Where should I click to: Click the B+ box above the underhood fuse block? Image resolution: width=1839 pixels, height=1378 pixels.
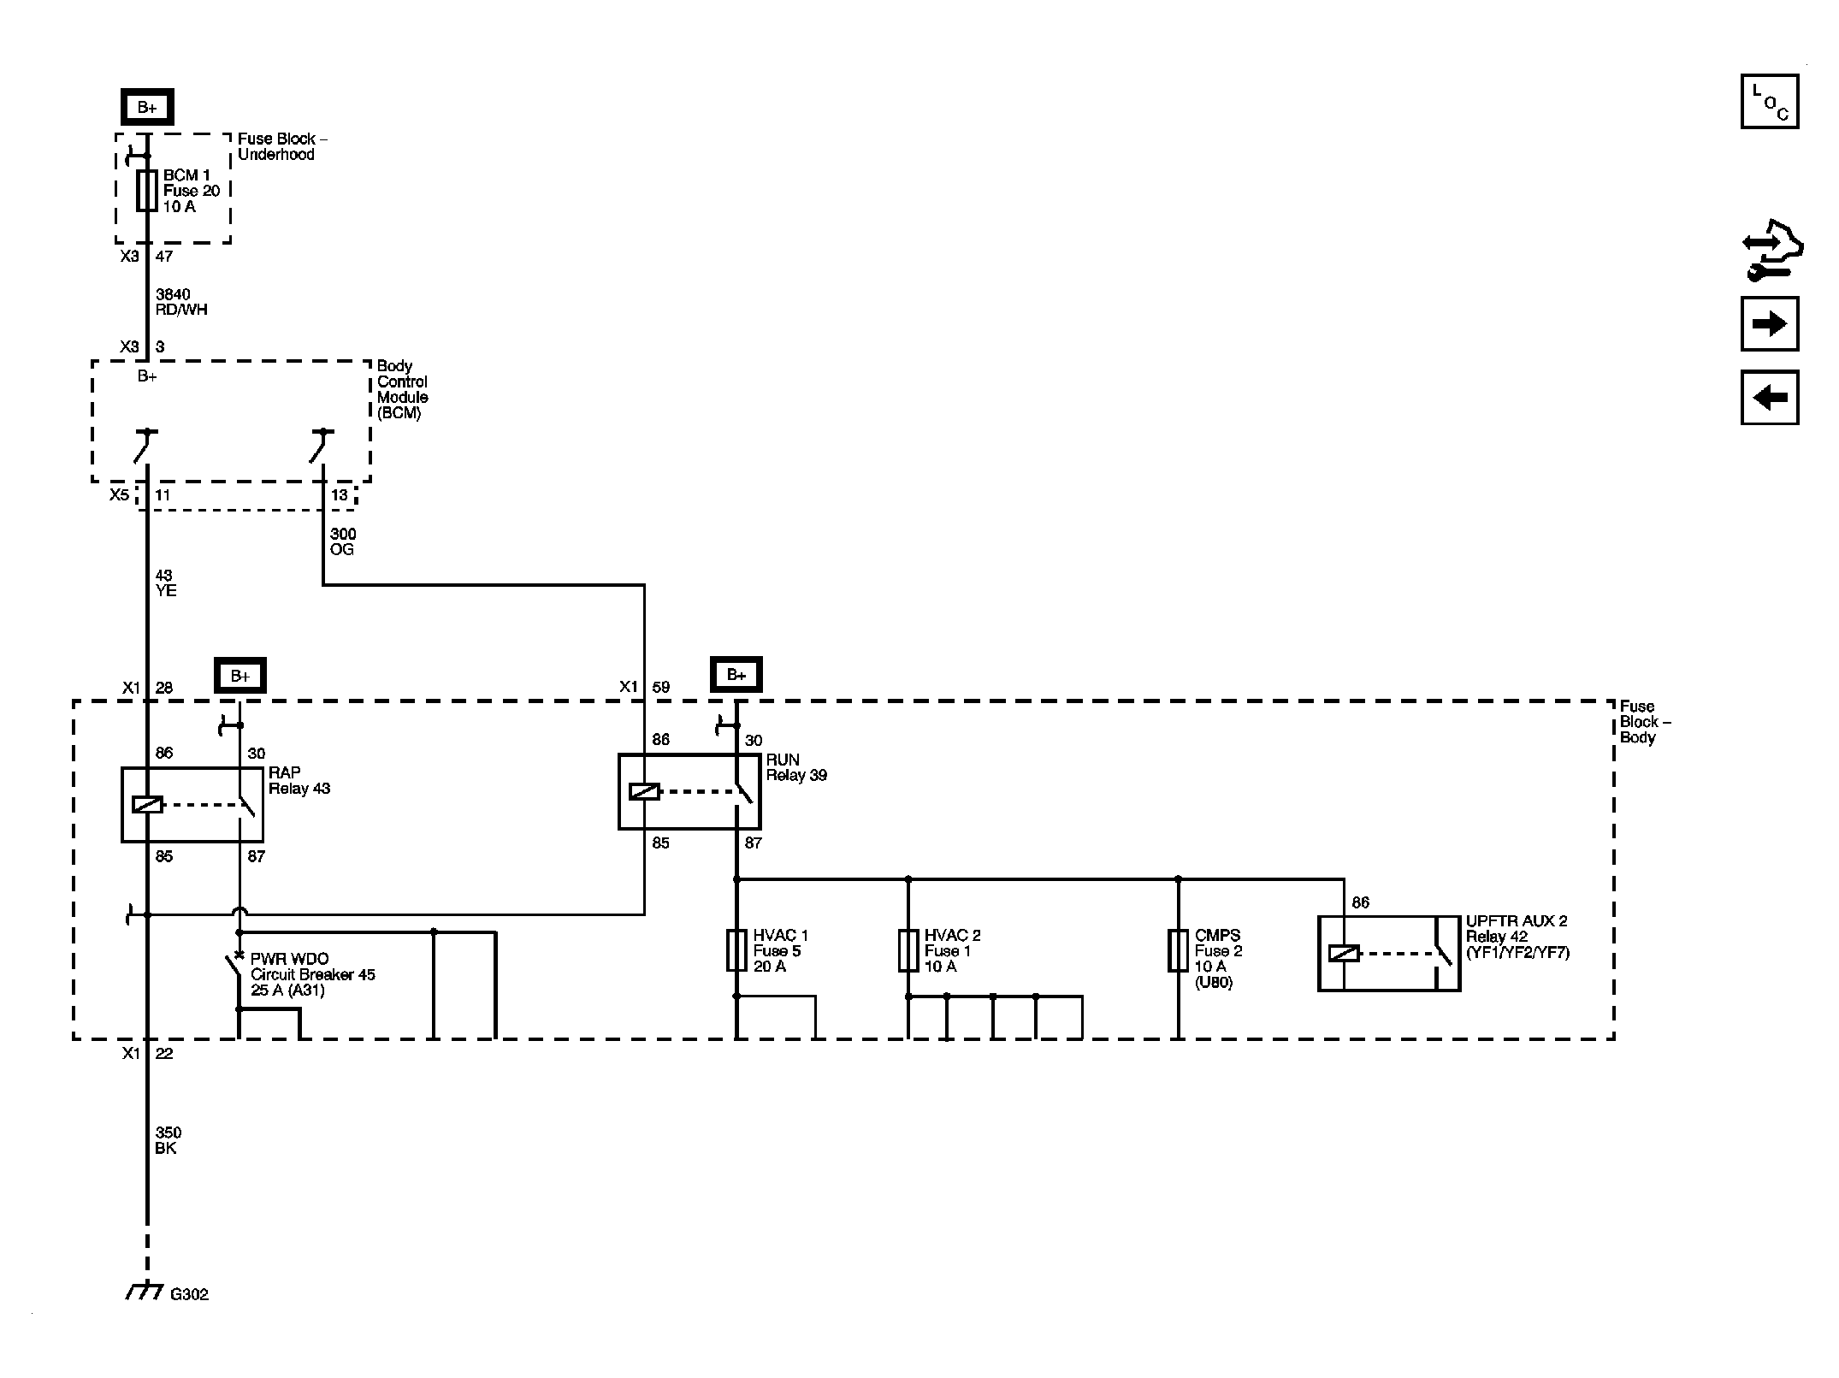[x=147, y=107]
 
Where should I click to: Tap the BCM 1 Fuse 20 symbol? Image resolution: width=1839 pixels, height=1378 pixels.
[x=147, y=190]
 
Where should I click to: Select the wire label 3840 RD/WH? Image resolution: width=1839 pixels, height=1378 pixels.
[x=181, y=302]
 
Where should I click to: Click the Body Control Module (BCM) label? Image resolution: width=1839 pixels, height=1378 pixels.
[x=403, y=389]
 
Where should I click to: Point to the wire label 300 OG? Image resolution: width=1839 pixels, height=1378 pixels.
[x=343, y=541]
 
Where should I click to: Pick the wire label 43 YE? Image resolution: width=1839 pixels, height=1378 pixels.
[x=166, y=583]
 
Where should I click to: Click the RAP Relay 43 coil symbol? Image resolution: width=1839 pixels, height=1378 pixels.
[x=147, y=805]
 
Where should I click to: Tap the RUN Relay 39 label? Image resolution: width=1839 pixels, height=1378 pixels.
[x=796, y=767]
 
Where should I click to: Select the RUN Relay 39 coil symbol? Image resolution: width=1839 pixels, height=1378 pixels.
[x=644, y=792]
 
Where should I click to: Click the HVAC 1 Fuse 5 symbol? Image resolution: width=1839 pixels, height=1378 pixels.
[x=736, y=950]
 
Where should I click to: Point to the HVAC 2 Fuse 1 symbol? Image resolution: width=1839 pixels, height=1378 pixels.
[x=908, y=950]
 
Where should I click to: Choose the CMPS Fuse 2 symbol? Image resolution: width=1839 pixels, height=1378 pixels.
[x=1178, y=950]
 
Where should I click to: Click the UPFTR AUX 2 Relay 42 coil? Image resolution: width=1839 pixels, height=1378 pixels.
[x=1344, y=953]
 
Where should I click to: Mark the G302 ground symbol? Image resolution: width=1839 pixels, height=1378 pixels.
[x=145, y=1292]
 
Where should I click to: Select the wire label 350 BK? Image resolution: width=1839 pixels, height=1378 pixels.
[x=169, y=1140]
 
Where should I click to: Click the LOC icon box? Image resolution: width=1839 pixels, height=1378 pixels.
[x=1770, y=101]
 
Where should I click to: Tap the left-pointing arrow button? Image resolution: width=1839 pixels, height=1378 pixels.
[x=1770, y=397]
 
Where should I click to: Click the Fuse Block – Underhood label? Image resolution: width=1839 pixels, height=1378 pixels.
[x=282, y=146]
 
